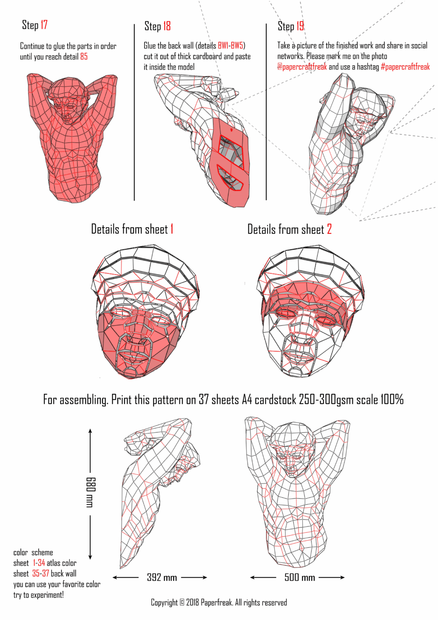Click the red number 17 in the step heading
(44, 25)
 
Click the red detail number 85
(84, 57)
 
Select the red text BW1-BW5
(231, 45)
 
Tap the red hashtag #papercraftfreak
(405, 67)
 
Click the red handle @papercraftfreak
(302, 67)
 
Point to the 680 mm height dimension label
(90, 492)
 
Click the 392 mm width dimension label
(162, 578)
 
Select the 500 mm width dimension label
(300, 578)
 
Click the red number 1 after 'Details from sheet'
(172, 229)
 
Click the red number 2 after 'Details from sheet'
(329, 229)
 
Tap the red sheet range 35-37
(41, 574)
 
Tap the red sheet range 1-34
(39, 563)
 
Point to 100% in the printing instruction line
(392, 400)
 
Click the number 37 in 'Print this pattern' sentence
(204, 400)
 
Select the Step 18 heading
(157, 26)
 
